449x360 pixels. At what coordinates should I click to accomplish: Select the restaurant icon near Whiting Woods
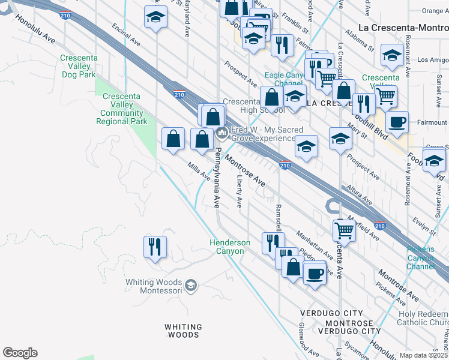pos(155,247)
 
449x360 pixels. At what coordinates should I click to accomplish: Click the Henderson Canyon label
pos(229,247)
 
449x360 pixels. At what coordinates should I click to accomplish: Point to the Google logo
pos(19,353)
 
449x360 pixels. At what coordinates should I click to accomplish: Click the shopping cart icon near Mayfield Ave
pos(344,229)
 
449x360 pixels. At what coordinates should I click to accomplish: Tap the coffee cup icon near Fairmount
pos(397,123)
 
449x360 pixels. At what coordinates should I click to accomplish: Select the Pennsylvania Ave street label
pos(217,178)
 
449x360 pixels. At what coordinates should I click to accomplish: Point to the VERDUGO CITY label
pos(331,314)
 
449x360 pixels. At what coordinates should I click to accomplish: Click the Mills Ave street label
pos(199,172)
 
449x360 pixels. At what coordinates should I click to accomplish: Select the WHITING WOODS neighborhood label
pos(182,331)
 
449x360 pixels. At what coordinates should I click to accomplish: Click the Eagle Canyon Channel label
pos(285,79)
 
